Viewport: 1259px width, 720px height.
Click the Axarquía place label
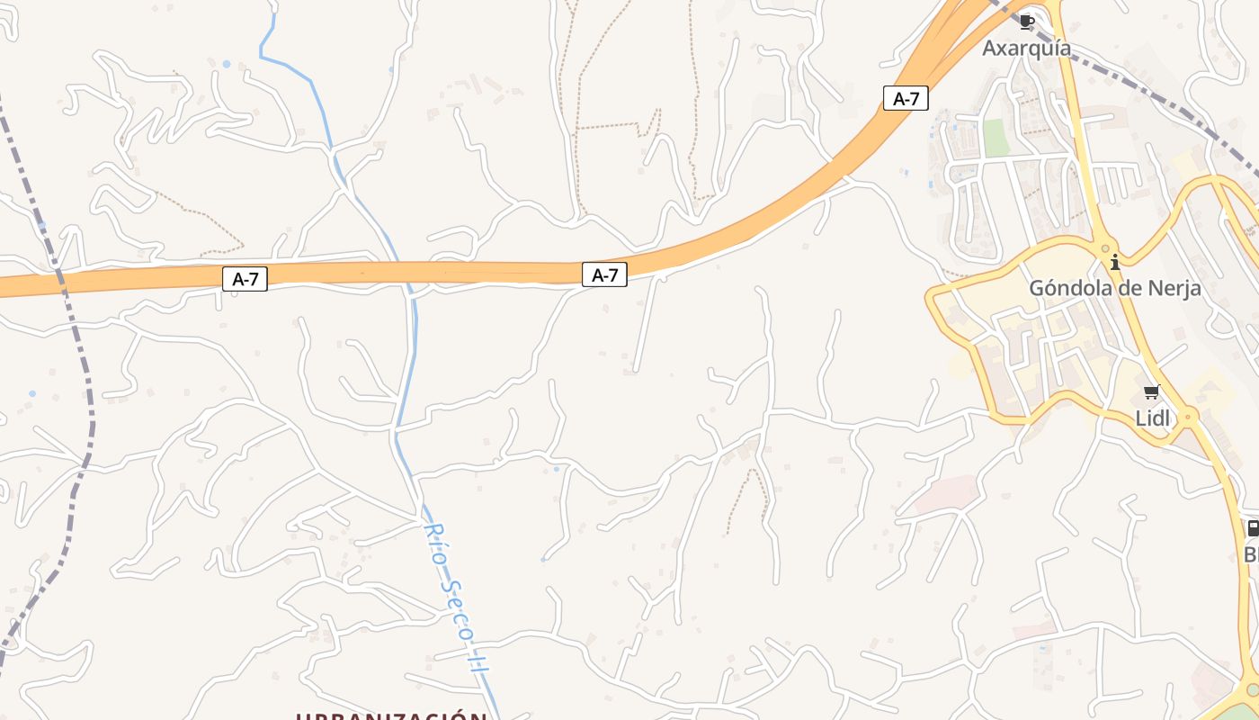coord(1026,48)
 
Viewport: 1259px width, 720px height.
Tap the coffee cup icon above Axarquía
coord(1027,22)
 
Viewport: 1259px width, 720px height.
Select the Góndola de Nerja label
coord(1115,288)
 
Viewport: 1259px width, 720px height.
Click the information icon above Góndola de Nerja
coord(1115,263)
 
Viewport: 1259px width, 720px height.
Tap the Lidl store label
coord(1152,418)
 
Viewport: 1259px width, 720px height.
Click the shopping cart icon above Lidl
coord(1151,391)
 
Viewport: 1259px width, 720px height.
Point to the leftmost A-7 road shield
coord(245,279)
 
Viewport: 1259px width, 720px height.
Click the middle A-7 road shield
coord(604,274)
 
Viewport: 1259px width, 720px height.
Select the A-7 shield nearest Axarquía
coord(906,98)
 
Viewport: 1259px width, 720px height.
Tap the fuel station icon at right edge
coord(1253,528)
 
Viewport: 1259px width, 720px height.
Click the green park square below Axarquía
coord(996,138)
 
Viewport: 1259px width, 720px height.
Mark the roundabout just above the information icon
coord(1105,247)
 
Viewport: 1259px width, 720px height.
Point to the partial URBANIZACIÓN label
coord(392,715)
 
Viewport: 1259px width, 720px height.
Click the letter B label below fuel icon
coord(1251,554)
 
